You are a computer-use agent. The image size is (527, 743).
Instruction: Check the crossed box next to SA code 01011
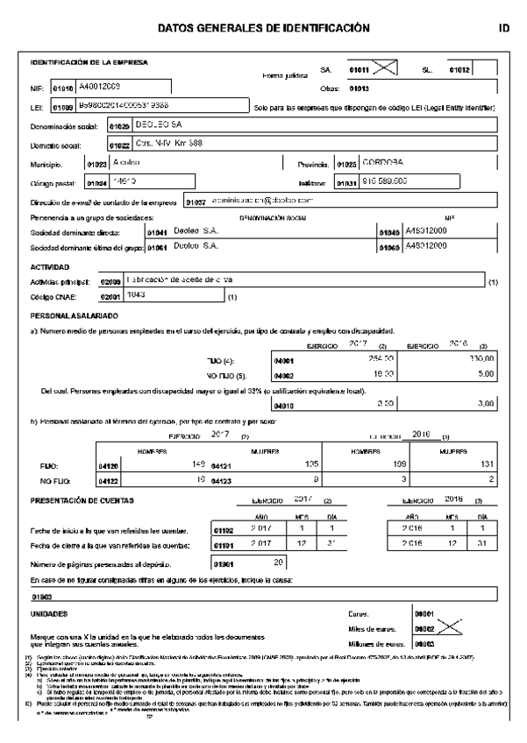386,69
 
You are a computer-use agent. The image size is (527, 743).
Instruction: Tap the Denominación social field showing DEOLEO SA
140,126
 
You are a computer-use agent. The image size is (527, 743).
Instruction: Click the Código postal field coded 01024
131,182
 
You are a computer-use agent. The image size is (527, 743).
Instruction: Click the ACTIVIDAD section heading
51,265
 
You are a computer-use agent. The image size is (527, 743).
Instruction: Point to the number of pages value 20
280,563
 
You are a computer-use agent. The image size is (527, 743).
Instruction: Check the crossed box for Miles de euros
447,628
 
